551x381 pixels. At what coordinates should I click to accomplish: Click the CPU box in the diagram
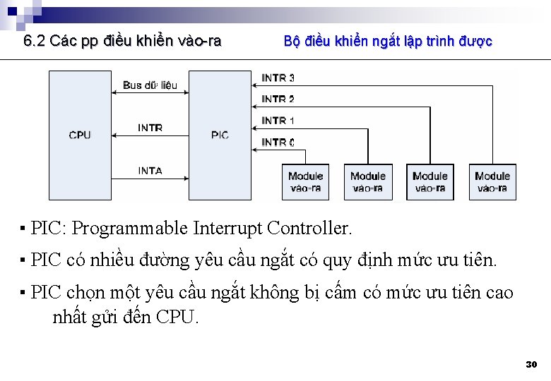tap(80, 135)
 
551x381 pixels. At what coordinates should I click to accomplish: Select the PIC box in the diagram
tap(220, 135)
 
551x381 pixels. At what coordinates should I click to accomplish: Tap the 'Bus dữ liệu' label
tap(150, 85)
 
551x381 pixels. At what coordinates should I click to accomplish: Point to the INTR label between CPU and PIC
tap(150, 128)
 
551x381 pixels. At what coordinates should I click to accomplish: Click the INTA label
tap(150, 171)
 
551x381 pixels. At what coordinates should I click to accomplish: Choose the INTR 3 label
tap(278, 78)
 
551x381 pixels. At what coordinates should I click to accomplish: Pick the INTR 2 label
tap(278, 99)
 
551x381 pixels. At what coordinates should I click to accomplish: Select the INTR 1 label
tap(278, 121)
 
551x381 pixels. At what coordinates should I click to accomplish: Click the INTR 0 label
tap(278, 142)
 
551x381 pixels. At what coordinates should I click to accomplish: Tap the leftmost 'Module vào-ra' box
tap(305, 182)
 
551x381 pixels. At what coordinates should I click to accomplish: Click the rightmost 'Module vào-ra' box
tap(492, 182)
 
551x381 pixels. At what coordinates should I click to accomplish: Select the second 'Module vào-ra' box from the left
tap(368, 182)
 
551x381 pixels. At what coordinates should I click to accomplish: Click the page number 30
tap(531, 365)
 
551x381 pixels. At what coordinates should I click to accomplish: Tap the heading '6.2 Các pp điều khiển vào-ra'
tap(122, 41)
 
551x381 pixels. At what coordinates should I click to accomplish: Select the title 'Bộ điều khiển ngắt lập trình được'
tap(388, 41)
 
